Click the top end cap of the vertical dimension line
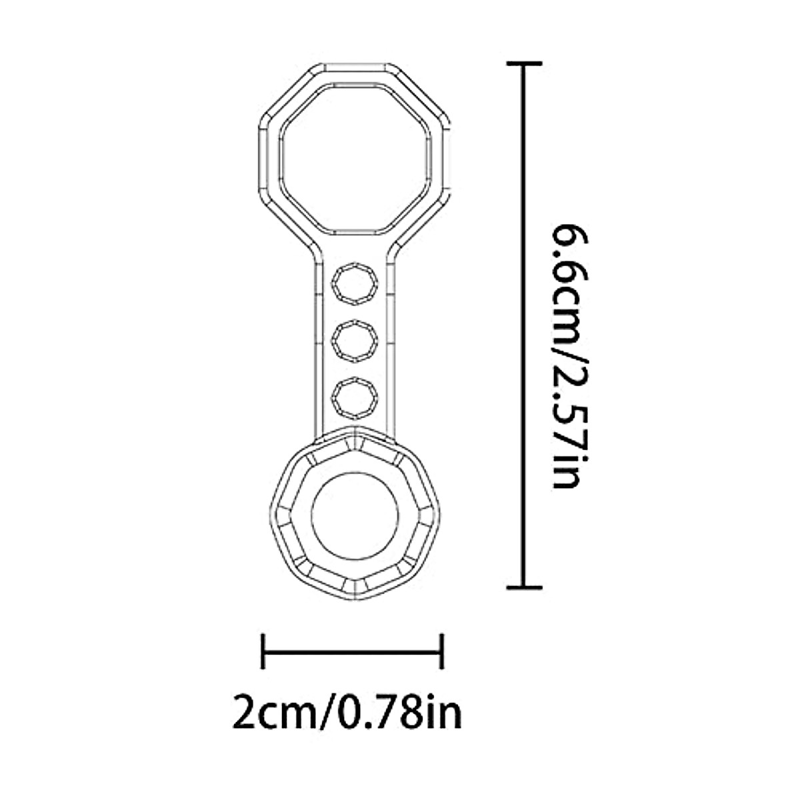pos(525,63)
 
